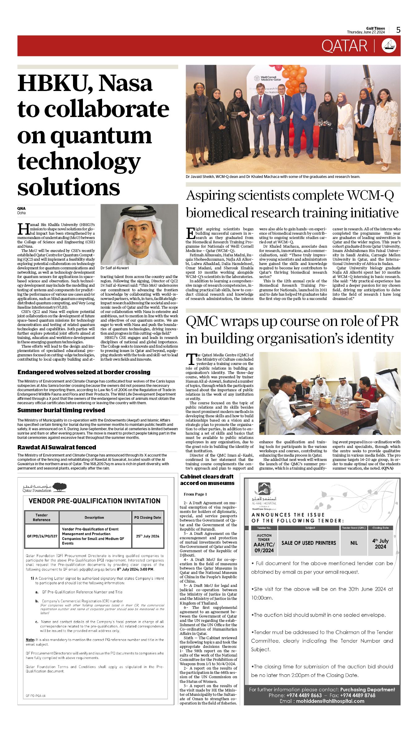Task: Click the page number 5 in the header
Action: pyautogui.click(x=398, y=30)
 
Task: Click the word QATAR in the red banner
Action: pyautogui.click(x=344, y=46)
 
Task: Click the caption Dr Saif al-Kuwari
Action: pyautogui.click(x=114, y=268)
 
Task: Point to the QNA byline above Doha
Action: pyautogui.click(x=21, y=208)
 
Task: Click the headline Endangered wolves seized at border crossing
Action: pyautogui.click(x=84, y=372)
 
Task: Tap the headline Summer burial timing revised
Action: pyautogui.click(x=61, y=410)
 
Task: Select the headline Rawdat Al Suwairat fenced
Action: pyautogui.click(x=57, y=447)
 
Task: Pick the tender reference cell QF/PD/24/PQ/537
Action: pyautogui.click(x=42, y=536)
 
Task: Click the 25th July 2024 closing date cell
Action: pyautogui.click(x=148, y=536)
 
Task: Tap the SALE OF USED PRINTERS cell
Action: pyautogui.click(x=308, y=543)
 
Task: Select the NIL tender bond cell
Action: pyautogui.click(x=354, y=543)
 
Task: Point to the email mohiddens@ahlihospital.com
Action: pyautogui.click(x=330, y=701)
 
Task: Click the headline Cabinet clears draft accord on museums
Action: pyautogui.click(x=207, y=480)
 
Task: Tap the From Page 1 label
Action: pyautogui.click(x=195, y=494)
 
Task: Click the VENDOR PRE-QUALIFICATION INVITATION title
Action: pyautogui.click(x=95, y=501)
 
